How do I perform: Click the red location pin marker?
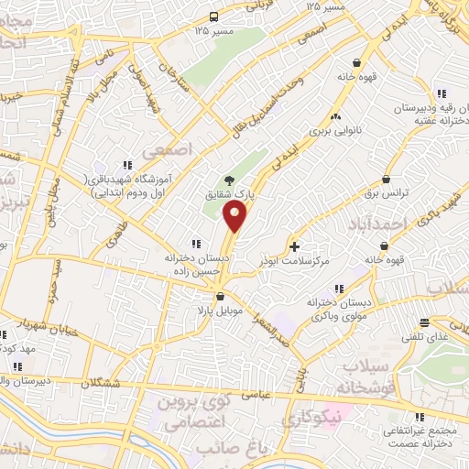235,216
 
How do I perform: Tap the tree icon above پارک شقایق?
229,180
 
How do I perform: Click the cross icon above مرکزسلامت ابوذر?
294,246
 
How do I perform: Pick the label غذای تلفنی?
425,337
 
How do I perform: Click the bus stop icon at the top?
213,16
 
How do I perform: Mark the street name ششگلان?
106,384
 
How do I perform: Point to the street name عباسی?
256,395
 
